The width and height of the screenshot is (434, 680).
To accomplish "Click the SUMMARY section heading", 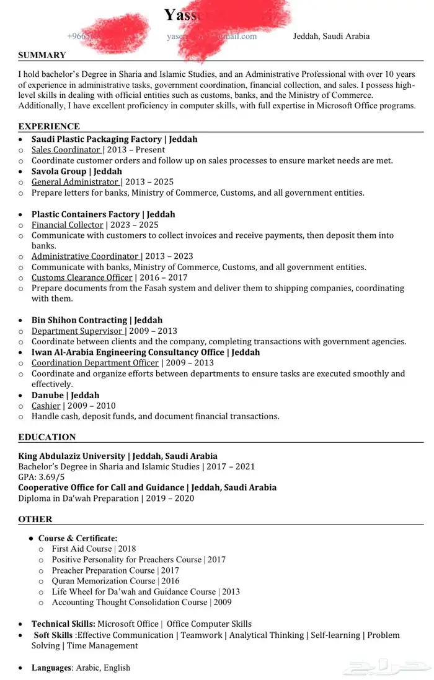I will pos(42,55).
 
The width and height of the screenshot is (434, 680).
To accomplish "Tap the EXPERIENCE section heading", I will pos(49,126).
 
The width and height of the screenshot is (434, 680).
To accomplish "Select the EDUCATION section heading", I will pos(47,437).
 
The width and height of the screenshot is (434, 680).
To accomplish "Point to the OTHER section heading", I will pos(35,519).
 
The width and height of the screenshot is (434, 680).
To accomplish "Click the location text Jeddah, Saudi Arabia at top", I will pos(331,36).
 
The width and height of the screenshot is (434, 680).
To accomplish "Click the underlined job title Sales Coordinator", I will pos(66,150).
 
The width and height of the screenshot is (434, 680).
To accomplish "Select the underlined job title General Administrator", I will pos(75,182).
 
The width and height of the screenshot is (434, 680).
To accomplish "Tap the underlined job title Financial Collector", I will pos(68,225).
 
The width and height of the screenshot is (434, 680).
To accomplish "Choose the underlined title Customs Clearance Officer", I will pos(82,277).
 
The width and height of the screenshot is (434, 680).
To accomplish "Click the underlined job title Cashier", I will pos(46,406).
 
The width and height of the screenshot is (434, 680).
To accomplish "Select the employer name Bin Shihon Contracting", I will pos(79,320).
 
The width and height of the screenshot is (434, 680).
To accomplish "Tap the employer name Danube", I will pos(48,395).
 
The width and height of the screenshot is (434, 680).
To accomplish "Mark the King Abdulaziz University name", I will pos(71,456).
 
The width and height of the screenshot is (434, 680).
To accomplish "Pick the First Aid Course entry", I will pos(82,549).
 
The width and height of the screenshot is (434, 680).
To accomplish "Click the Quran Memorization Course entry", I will pos(104,581).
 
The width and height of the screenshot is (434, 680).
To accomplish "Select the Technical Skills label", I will pos(63,624).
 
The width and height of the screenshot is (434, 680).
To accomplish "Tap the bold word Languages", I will pos(51,668).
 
